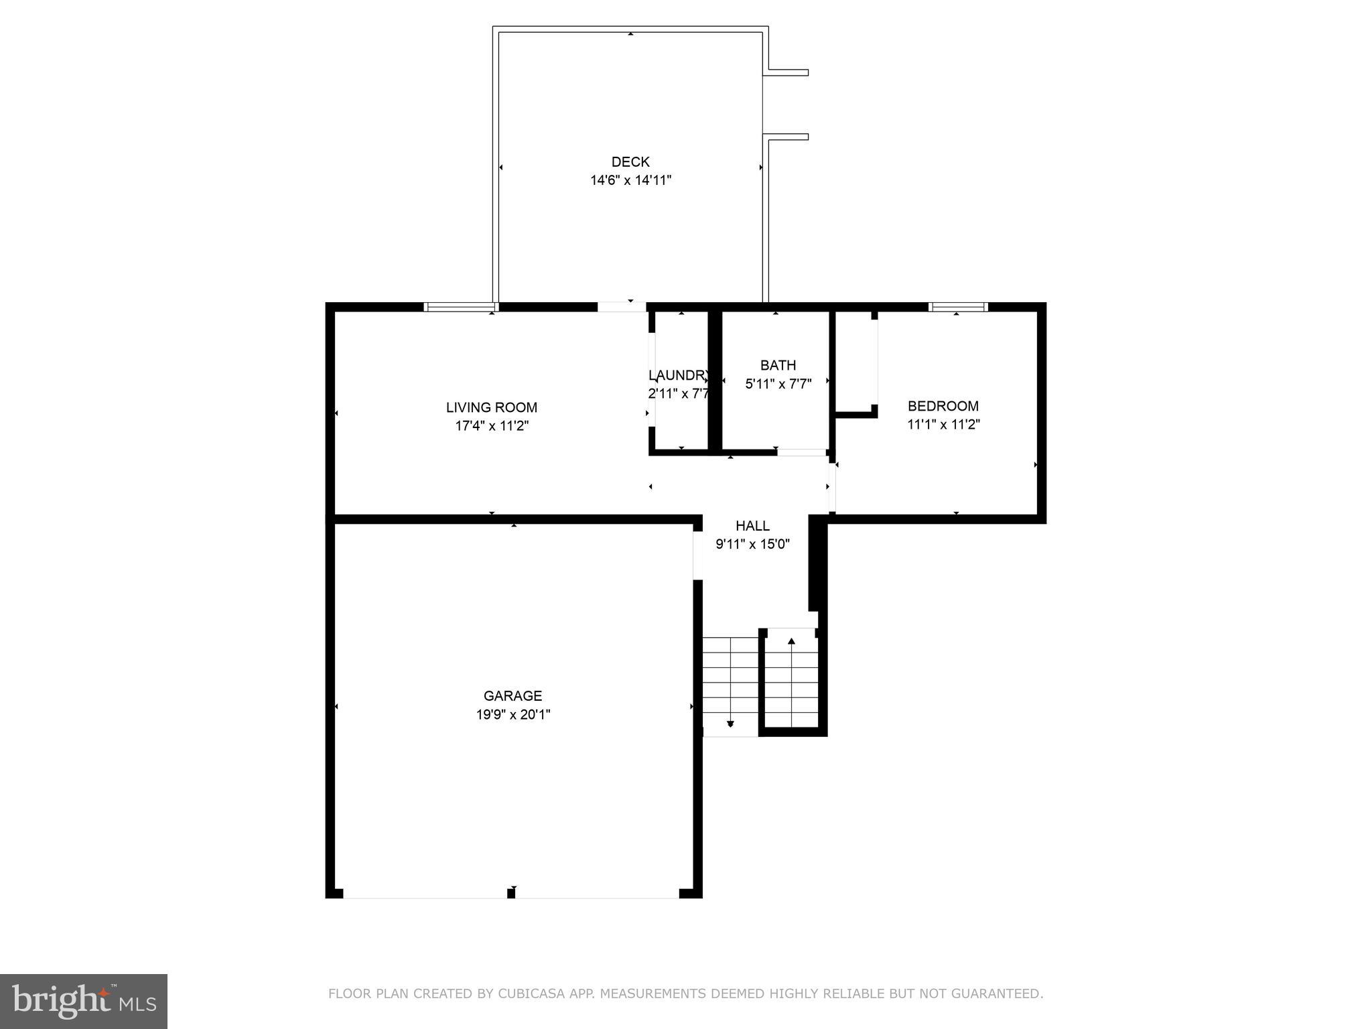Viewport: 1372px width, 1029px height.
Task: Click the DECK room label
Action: pyautogui.click(x=630, y=161)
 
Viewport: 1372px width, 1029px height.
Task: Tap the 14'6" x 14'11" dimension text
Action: pyautogui.click(x=630, y=180)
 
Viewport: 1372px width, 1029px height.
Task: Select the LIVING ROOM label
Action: pyautogui.click(x=492, y=407)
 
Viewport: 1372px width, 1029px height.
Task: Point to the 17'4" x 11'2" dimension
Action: pyautogui.click(x=492, y=425)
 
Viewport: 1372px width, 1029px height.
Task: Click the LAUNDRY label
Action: pyautogui.click(x=678, y=375)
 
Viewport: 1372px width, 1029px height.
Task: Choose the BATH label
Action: pyautogui.click(x=778, y=365)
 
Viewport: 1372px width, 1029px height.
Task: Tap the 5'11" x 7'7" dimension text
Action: pyautogui.click(x=778, y=384)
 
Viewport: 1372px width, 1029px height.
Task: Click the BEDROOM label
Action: pyautogui.click(x=943, y=406)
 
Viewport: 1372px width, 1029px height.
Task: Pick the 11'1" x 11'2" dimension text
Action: pyautogui.click(x=943, y=424)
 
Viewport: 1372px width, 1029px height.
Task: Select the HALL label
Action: pyautogui.click(x=752, y=526)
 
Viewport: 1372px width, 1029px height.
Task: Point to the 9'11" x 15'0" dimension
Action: pyautogui.click(x=752, y=544)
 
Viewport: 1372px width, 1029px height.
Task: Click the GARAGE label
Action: pyautogui.click(x=512, y=696)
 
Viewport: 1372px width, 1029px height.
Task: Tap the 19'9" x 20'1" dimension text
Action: pyautogui.click(x=512, y=715)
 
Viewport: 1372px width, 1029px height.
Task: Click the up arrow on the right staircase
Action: pyautogui.click(x=791, y=642)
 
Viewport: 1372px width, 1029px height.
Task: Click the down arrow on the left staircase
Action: pyautogui.click(x=730, y=724)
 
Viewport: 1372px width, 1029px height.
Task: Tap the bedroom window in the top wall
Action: pyautogui.click(x=957, y=307)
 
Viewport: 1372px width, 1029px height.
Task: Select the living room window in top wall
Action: pyautogui.click(x=461, y=307)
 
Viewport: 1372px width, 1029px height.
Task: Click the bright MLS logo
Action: pyautogui.click(x=83, y=1001)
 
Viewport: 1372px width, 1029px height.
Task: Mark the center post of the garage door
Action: pyautogui.click(x=511, y=892)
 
